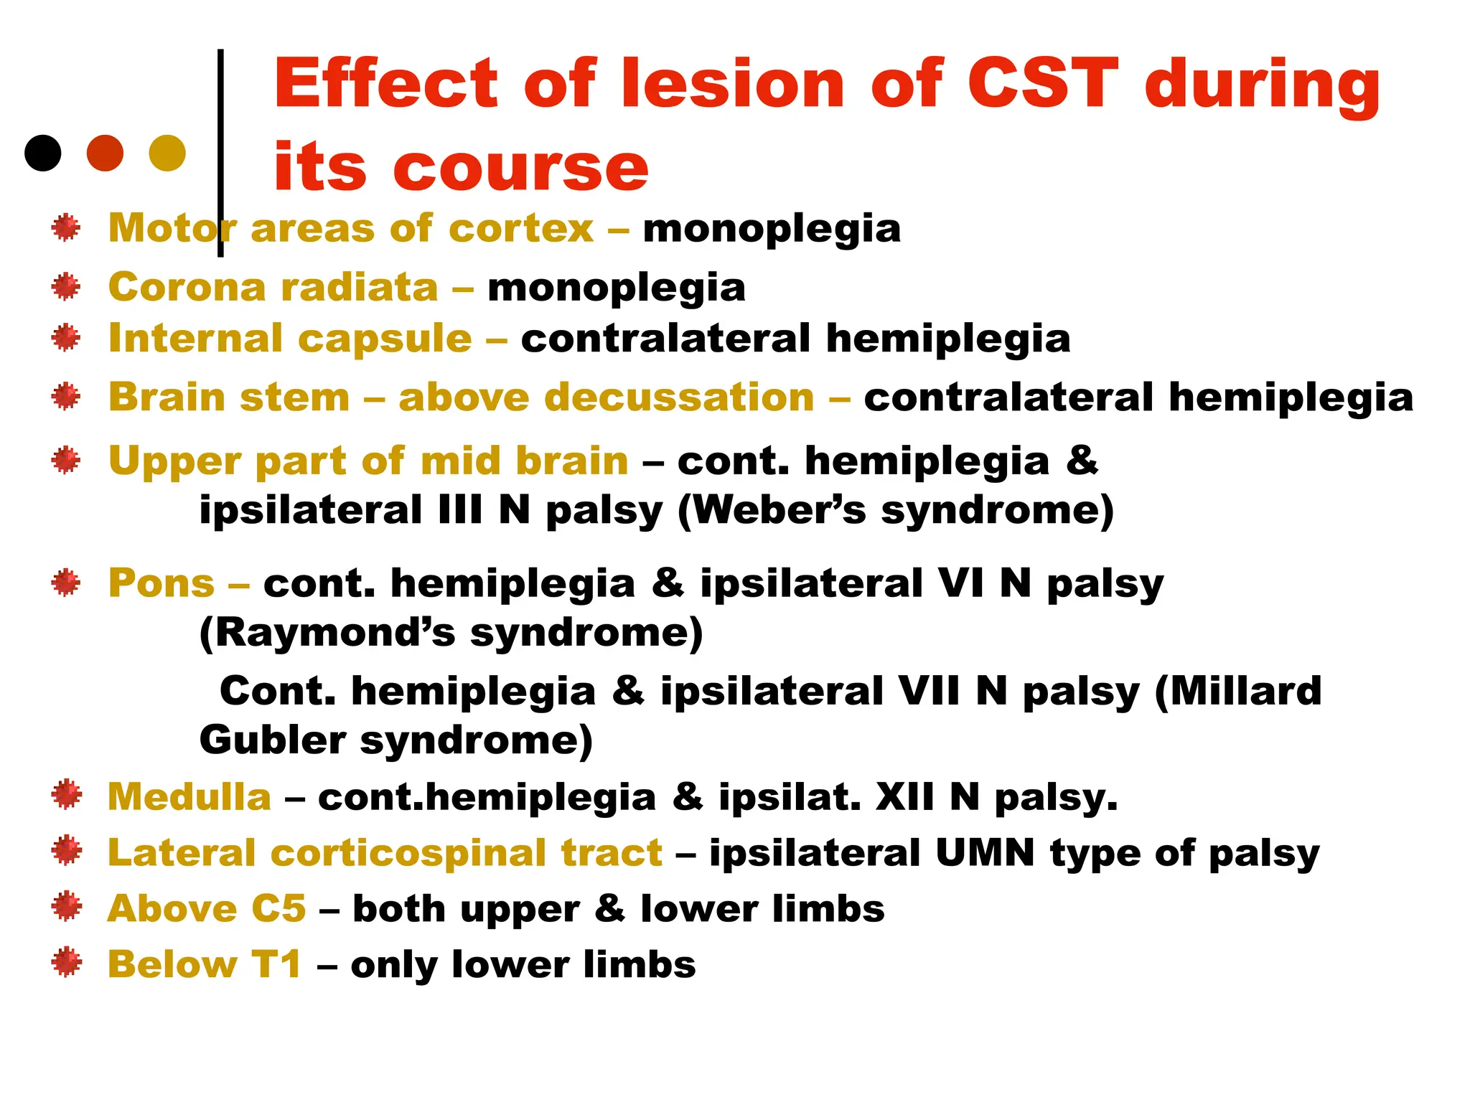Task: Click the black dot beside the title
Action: pos(43,153)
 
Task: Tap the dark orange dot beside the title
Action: pos(105,153)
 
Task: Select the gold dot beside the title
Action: pos(167,153)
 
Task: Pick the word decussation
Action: pos(607,397)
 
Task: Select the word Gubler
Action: pos(273,740)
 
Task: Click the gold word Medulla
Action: pos(189,796)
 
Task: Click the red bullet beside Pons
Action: pos(66,583)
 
